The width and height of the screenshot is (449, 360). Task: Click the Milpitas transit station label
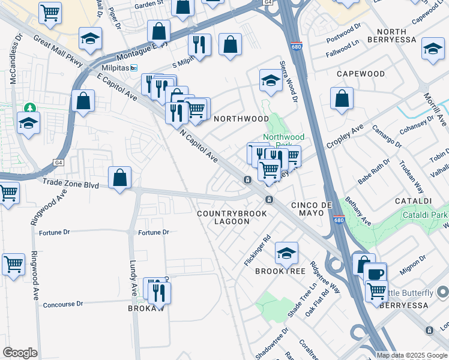(112, 68)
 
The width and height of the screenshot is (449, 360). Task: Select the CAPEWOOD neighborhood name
(360, 74)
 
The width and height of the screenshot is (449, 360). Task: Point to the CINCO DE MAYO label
(312, 205)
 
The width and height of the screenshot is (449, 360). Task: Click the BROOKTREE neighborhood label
(280, 271)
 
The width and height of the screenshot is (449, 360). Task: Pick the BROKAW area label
(142, 308)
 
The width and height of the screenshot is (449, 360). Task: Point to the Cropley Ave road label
(345, 137)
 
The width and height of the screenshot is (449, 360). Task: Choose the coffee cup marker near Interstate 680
(376, 274)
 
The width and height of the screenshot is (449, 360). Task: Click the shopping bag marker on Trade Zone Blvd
(120, 178)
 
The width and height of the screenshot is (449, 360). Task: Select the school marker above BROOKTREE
(287, 253)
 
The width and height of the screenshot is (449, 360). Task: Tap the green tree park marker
(29, 108)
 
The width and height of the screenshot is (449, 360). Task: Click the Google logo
(20, 353)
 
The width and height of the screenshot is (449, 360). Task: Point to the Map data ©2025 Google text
(412, 355)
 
